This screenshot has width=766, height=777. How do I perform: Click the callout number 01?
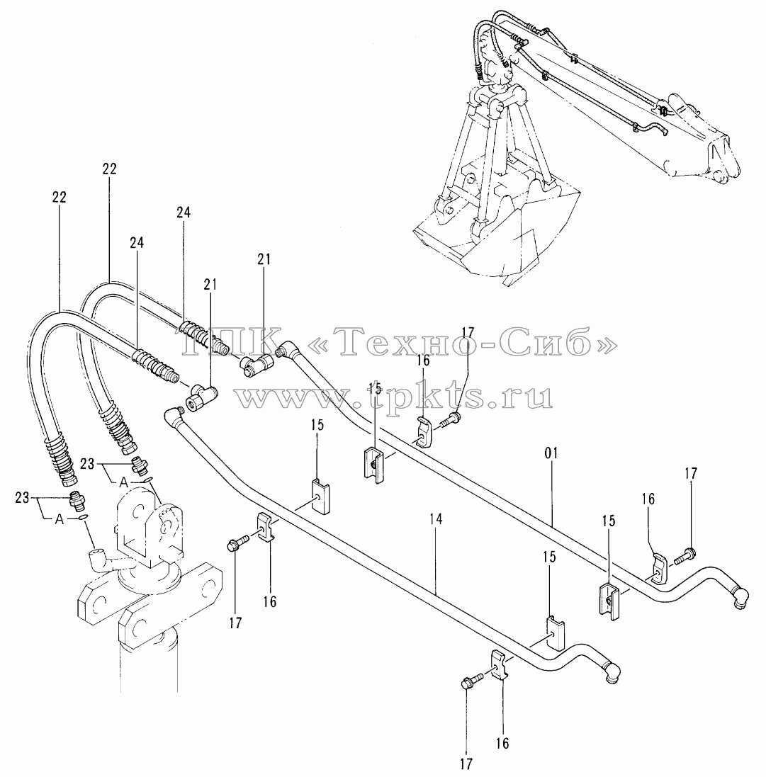click(551, 453)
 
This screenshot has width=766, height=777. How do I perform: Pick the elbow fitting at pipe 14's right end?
click(611, 671)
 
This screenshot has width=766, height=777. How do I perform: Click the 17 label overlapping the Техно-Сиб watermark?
click(468, 332)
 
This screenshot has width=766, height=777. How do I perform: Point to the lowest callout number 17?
click(466, 764)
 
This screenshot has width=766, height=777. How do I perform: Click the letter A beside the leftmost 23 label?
click(59, 519)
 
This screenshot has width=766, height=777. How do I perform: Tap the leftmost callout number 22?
click(59, 197)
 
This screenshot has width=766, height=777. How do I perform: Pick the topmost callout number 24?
click(183, 212)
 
